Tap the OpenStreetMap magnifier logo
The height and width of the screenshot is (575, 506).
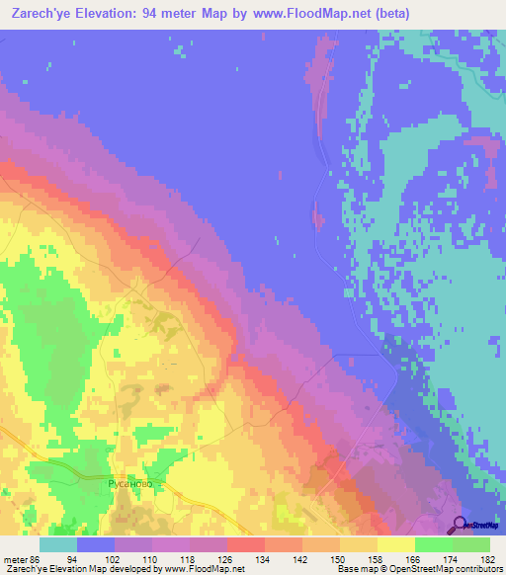tap(459, 524)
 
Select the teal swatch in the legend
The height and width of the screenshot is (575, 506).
tap(58, 544)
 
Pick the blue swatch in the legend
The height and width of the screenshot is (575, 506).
tap(96, 544)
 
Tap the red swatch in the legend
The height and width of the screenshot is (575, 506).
tap(246, 544)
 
